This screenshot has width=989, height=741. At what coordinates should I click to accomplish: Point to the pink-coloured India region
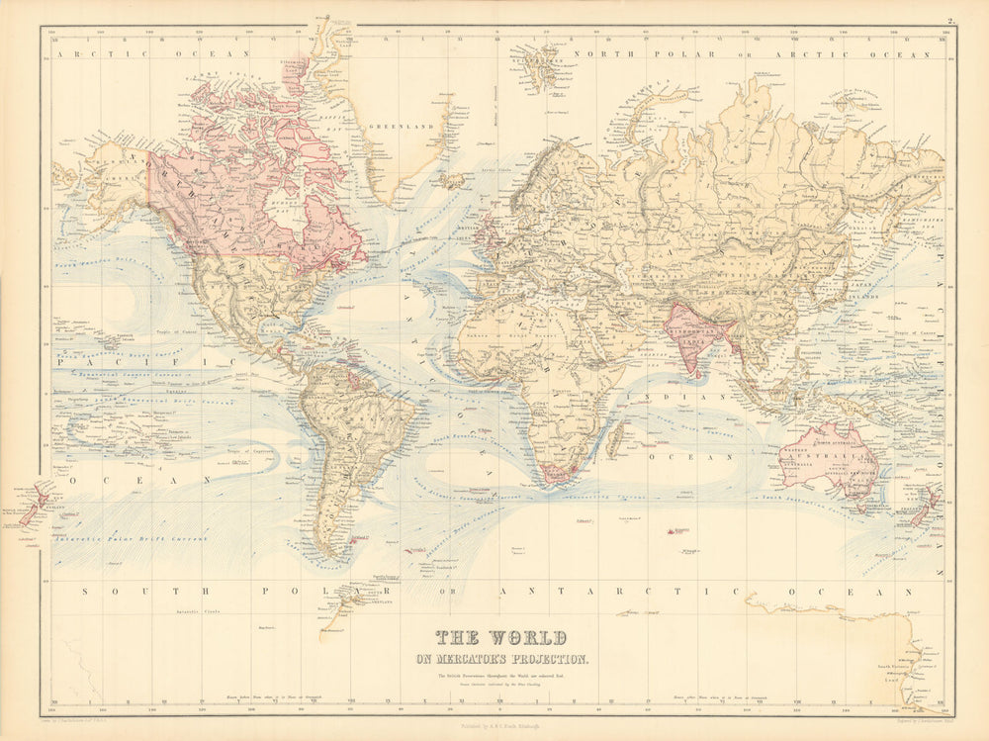[698, 336]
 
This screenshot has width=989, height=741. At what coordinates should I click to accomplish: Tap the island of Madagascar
[615, 437]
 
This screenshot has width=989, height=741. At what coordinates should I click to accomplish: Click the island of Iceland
[451, 181]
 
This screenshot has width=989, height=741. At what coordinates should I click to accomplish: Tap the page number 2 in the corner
[946, 20]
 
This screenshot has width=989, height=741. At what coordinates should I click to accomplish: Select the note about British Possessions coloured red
[512, 676]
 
